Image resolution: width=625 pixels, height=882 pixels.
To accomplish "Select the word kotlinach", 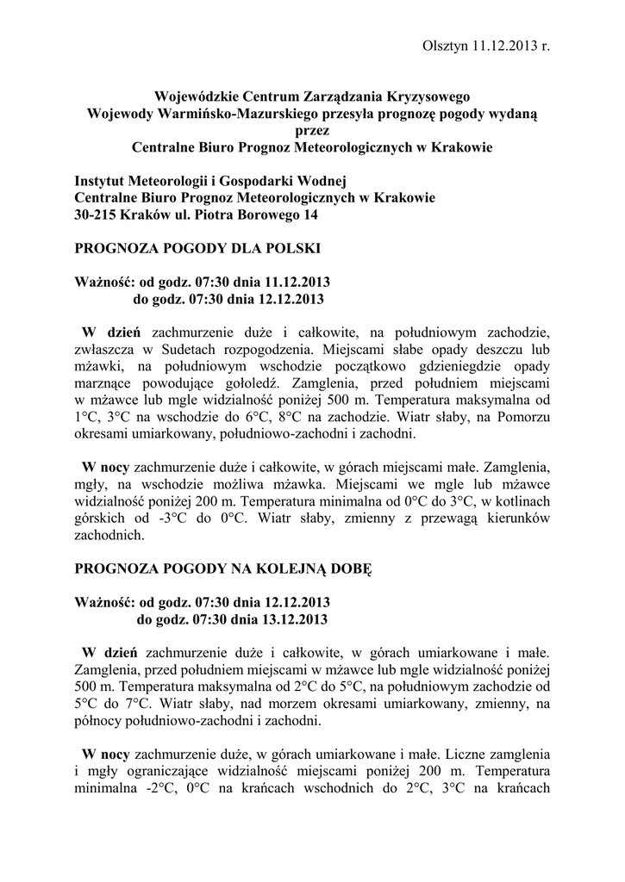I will coord(523,501).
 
